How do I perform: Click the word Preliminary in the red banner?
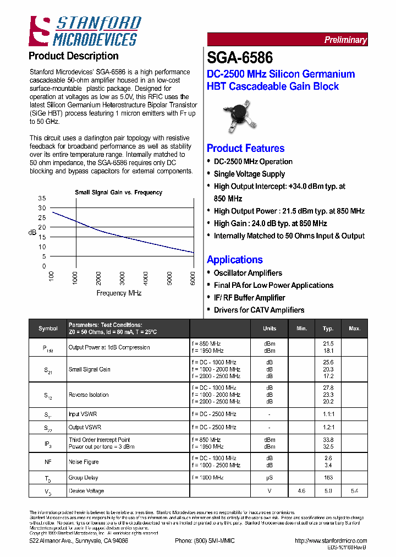[x=345, y=40]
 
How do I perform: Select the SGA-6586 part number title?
[x=240, y=57]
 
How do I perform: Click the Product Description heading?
[x=73, y=56]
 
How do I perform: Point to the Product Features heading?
[x=245, y=148]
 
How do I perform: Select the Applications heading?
[x=234, y=260]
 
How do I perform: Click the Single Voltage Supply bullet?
[x=249, y=174]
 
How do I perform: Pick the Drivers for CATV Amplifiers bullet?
[x=258, y=310]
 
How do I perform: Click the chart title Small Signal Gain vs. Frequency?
[x=118, y=193]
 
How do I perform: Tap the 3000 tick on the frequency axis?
[x=123, y=277]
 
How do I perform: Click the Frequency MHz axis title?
[x=119, y=293]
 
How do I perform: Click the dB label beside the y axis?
[x=32, y=233]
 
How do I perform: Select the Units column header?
[x=269, y=329]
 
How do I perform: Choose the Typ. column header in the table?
[x=328, y=329]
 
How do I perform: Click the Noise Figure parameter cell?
[x=84, y=462]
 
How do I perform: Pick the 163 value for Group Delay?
[x=328, y=477]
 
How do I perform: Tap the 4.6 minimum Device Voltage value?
[x=301, y=490]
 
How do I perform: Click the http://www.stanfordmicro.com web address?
[x=330, y=541]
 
